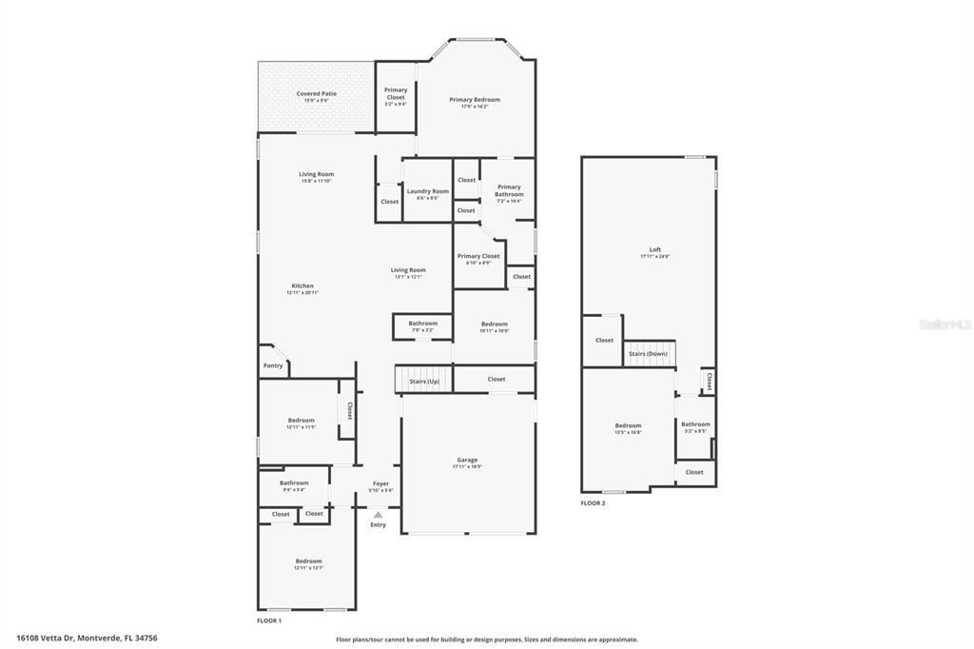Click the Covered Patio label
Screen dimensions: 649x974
pos(316,94)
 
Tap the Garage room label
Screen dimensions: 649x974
pos(466,461)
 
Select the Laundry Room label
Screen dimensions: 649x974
pos(427,191)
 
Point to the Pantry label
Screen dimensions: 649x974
pos(272,364)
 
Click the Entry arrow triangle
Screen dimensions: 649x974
pos(378,515)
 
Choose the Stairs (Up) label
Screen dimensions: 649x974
pos(424,381)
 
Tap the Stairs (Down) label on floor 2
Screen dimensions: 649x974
pos(648,354)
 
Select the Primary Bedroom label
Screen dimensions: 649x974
pos(474,100)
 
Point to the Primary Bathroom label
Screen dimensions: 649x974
pos(509,190)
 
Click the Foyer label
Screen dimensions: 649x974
pos(380,483)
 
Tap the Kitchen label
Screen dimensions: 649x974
pos(302,286)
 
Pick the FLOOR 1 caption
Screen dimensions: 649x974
pos(269,620)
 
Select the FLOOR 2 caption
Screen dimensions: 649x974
pos(593,503)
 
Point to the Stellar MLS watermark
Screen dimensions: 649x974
pos(944,324)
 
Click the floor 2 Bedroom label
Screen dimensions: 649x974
pos(628,425)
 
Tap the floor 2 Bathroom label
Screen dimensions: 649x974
pos(695,424)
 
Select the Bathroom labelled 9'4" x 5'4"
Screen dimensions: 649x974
pos(294,483)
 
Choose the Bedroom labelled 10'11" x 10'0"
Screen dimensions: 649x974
pos(494,324)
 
